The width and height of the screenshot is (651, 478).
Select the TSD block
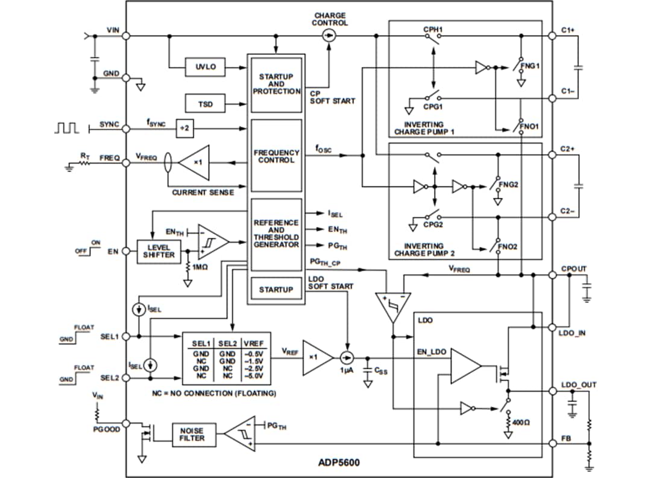(206, 104)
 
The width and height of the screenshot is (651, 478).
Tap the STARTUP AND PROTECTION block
(276, 84)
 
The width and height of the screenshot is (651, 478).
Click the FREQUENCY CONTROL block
(276, 156)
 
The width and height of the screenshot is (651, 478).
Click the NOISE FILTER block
(188, 434)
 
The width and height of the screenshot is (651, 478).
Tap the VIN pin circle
(127, 36)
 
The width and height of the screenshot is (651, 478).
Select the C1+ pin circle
(552, 36)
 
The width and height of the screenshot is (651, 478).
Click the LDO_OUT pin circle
(552, 391)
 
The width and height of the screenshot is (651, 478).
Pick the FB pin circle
(552, 443)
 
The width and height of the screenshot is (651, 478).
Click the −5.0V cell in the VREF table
(255, 375)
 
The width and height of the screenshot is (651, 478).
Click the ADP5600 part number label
(339, 464)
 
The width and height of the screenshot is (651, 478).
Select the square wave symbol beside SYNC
(66, 127)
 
